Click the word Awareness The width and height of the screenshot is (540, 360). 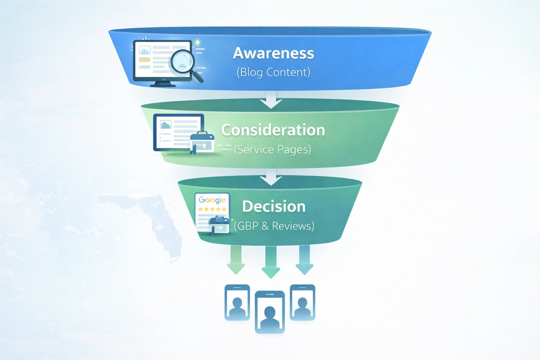tap(274, 53)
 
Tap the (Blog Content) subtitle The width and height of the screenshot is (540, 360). tap(273, 72)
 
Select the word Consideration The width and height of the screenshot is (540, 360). tap(273, 130)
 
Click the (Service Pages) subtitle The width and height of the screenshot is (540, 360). tap(272, 149)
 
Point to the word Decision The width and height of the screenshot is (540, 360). tap(274, 206)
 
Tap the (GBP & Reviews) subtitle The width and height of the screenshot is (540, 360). tap(274, 226)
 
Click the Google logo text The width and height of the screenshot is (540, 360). tap(212, 200)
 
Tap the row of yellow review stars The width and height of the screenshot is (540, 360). tap(212, 209)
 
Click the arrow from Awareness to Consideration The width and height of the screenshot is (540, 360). tap(271, 100)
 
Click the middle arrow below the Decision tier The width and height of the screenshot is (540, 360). tap(271, 262)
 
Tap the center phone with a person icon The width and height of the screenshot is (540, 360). tap(270, 312)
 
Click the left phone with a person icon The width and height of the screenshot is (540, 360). tap(237, 302)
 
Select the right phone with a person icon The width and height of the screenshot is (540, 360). tap(302, 302)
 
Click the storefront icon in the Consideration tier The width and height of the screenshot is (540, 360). tap(202, 142)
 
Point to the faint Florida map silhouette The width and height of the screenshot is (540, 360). tap(162, 225)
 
